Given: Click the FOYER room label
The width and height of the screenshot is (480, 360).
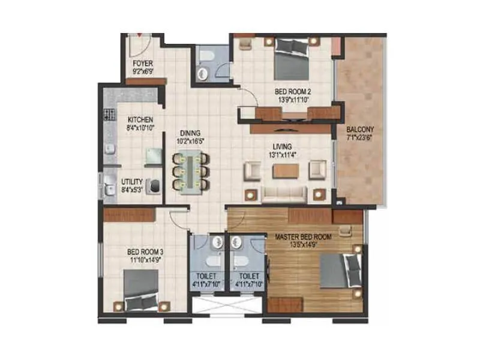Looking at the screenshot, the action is (x=143, y=64).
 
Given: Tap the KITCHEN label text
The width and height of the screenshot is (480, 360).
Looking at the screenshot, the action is (x=140, y=119).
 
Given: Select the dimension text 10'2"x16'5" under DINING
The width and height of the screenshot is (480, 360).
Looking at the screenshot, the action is (x=190, y=141).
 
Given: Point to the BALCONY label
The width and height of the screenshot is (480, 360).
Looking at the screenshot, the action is (x=360, y=129).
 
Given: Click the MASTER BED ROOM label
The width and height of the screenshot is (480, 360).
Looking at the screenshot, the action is (x=303, y=236).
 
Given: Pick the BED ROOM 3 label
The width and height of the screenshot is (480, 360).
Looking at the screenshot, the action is (x=145, y=252).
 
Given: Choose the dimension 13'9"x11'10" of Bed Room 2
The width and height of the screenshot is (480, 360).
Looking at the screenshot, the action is (x=293, y=100).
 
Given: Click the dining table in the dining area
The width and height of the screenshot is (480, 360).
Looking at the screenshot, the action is (x=191, y=172).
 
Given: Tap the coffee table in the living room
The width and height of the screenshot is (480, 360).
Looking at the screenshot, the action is (x=286, y=171).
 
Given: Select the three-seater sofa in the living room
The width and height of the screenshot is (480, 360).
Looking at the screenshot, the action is (x=284, y=194).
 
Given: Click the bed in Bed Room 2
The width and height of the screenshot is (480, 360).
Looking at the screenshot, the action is (x=292, y=59).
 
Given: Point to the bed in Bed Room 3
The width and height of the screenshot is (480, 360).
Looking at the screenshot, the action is (x=141, y=290).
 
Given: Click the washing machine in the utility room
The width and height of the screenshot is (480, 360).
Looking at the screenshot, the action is (x=154, y=187).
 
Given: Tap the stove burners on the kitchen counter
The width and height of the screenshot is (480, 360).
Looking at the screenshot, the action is (x=110, y=115).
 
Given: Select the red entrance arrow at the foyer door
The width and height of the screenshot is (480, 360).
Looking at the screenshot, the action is (x=139, y=35).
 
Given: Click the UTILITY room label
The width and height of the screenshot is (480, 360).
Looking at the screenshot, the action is (x=131, y=182).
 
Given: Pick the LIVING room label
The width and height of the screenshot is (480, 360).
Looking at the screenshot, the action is (x=282, y=146).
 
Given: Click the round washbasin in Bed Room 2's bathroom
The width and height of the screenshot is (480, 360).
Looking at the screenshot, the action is (x=202, y=73).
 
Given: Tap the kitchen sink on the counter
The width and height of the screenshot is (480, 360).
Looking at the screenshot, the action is (x=110, y=149).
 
